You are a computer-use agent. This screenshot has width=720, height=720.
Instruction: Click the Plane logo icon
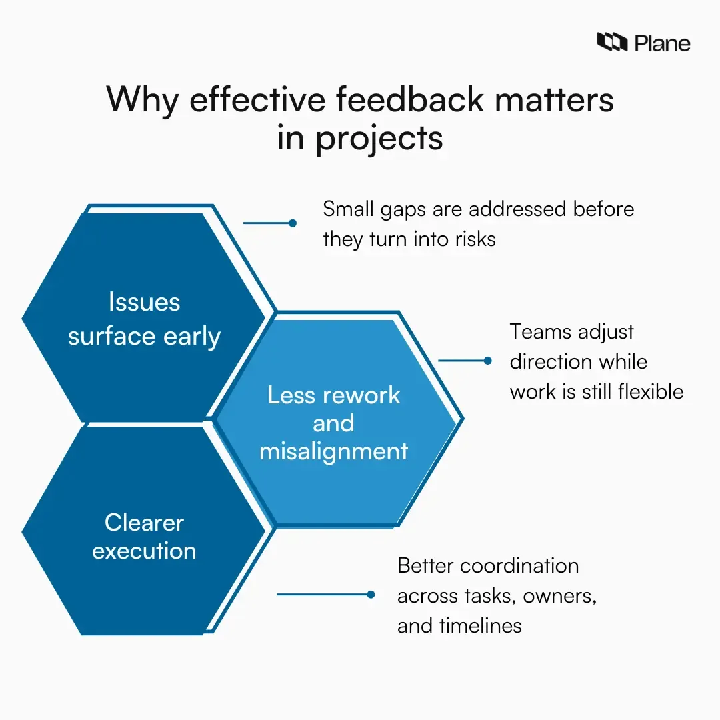(612, 43)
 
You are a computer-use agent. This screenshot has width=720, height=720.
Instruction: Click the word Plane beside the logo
(662, 43)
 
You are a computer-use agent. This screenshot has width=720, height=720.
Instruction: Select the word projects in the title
(379, 138)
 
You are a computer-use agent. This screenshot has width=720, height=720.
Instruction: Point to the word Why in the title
(141, 100)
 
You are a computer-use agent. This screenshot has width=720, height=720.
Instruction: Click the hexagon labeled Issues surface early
(144, 280)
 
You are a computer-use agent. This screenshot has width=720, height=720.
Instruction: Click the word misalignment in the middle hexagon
(333, 451)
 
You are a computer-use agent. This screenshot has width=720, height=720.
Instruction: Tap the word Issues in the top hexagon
(144, 302)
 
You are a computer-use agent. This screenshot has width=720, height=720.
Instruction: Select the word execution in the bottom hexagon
(144, 551)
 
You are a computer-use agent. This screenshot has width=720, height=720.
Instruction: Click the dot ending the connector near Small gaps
(292, 223)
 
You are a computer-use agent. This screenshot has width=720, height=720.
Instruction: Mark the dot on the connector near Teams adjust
(487, 361)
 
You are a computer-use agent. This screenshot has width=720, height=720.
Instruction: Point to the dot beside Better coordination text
(371, 594)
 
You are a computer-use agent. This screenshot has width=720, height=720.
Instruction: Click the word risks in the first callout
(474, 239)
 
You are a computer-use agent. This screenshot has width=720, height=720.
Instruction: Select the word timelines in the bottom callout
(480, 625)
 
